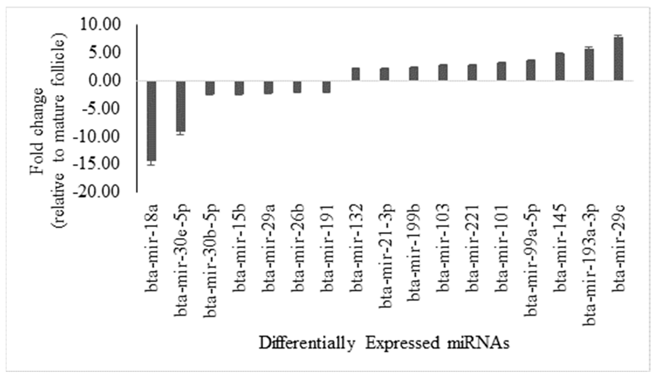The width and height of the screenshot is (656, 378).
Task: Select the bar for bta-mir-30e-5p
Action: pyautogui.click(x=181, y=106)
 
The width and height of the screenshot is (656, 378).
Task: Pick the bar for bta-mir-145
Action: pyautogui.click(x=560, y=67)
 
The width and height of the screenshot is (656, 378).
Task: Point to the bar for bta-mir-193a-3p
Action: pyautogui.click(x=589, y=65)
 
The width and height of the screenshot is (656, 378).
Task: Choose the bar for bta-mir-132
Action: pyautogui.click(x=356, y=74)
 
